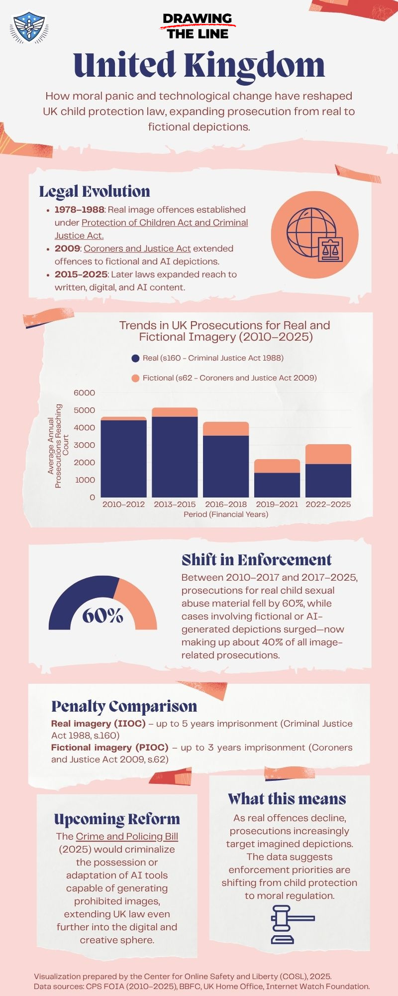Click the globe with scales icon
314,235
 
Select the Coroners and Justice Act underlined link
137,249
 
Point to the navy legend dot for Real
135,358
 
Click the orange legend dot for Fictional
135,378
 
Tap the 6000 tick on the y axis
84,393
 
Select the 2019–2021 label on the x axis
277,504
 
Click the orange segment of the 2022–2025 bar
328,454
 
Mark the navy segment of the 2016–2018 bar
226,466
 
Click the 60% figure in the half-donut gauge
102,616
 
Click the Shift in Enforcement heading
256,560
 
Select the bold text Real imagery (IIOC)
99,724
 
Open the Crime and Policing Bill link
127,837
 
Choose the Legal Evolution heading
95,191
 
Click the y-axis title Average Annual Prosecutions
58,446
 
